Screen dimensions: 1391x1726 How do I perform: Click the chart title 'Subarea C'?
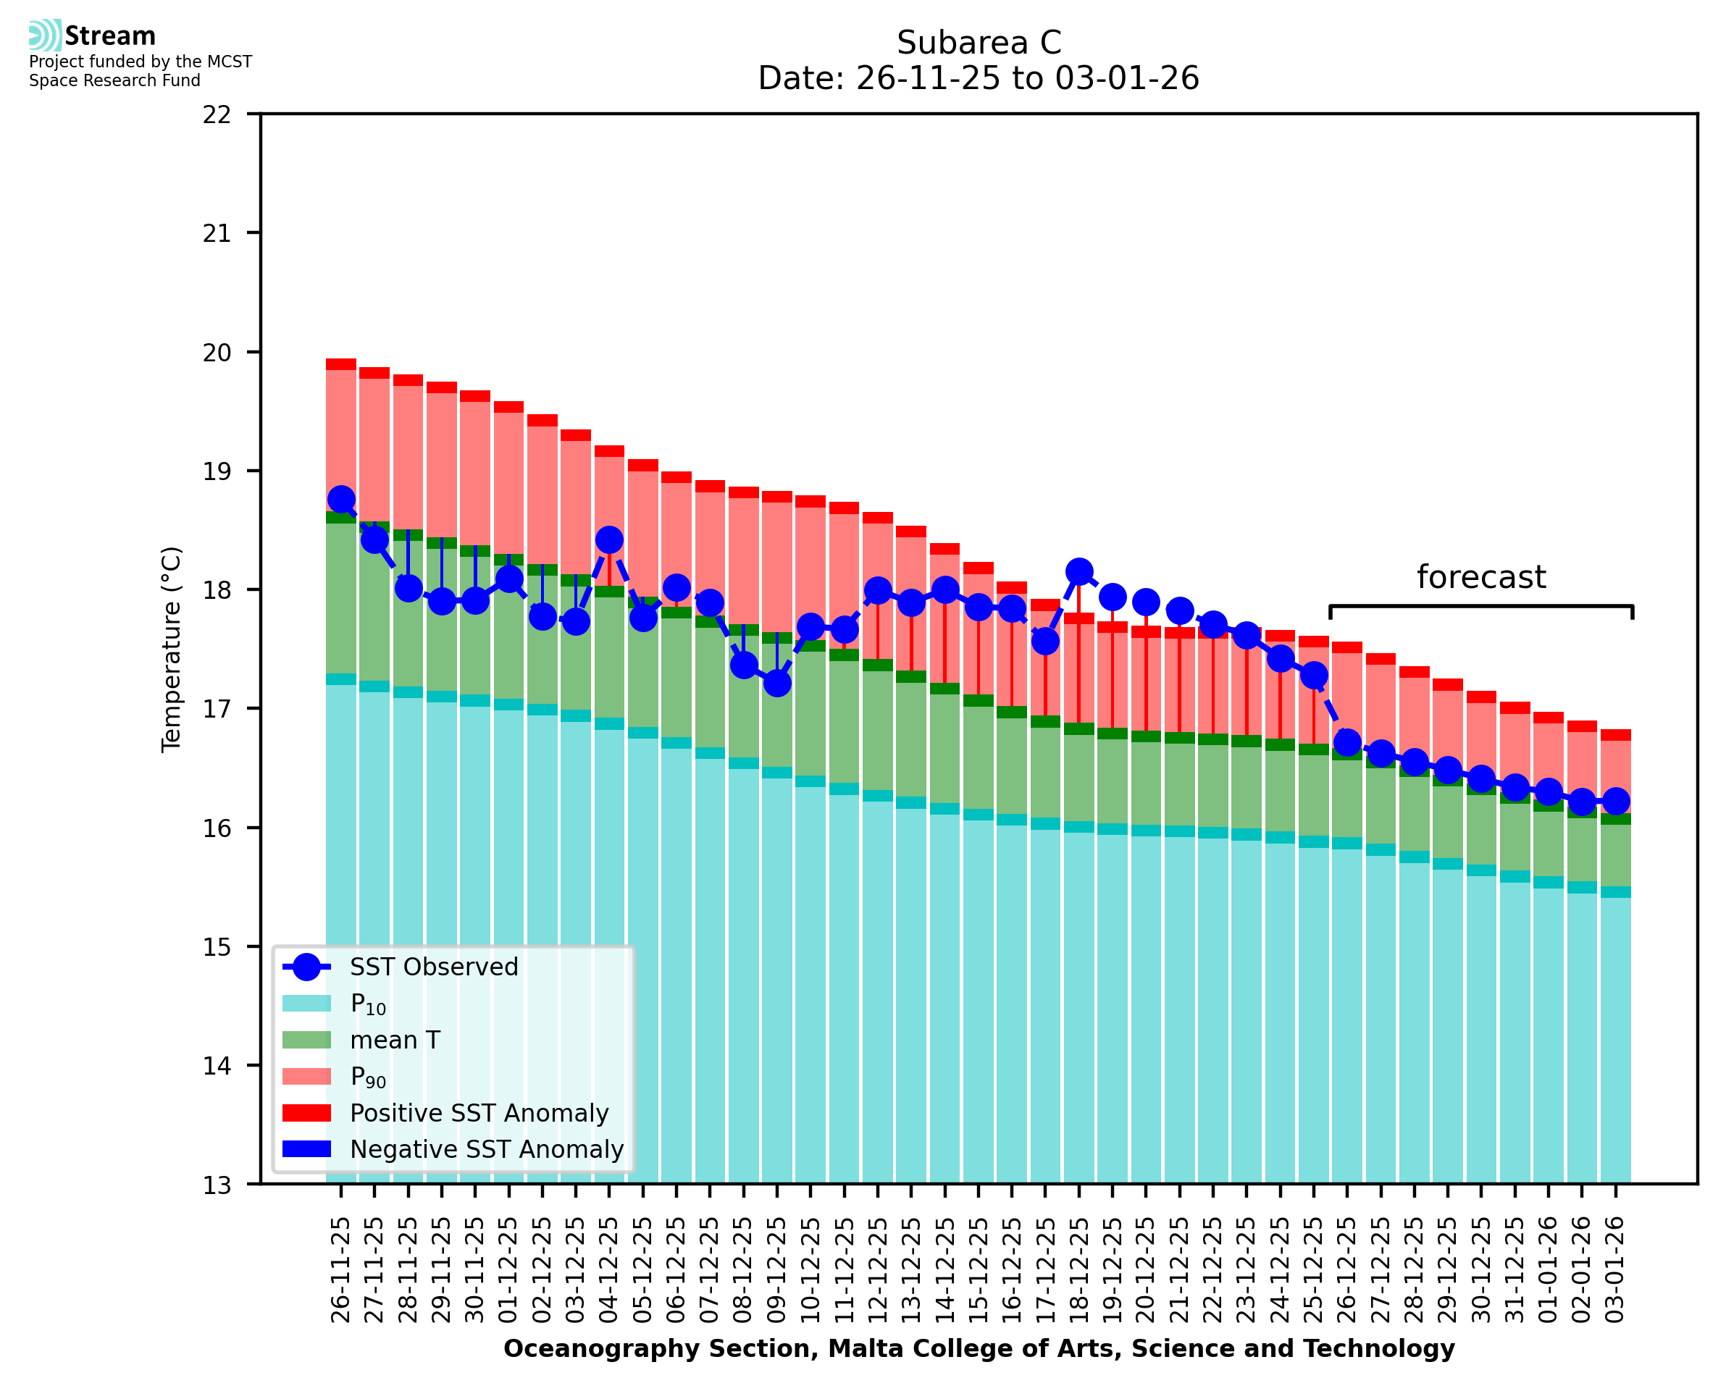point(979,43)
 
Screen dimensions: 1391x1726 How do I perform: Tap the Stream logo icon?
point(45,35)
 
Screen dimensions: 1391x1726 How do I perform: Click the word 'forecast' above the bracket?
point(1480,578)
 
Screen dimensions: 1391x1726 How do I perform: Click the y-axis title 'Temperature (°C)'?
point(172,650)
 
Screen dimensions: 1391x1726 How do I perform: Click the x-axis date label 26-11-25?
point(341,1270)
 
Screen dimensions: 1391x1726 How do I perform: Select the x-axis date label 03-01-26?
point(1614,1270)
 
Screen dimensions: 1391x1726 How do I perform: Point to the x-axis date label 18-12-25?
point(1078,1270)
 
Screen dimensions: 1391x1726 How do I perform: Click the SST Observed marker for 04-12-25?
point(609,540)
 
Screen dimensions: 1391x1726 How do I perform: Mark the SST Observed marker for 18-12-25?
point(1078,572)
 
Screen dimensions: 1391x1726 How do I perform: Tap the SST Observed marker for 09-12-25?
point(776,684)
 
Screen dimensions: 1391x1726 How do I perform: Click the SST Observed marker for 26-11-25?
point(341,499)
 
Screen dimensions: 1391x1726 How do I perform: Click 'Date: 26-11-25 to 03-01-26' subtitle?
point(979,78)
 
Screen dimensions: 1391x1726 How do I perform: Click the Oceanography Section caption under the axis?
point(979,1348)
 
